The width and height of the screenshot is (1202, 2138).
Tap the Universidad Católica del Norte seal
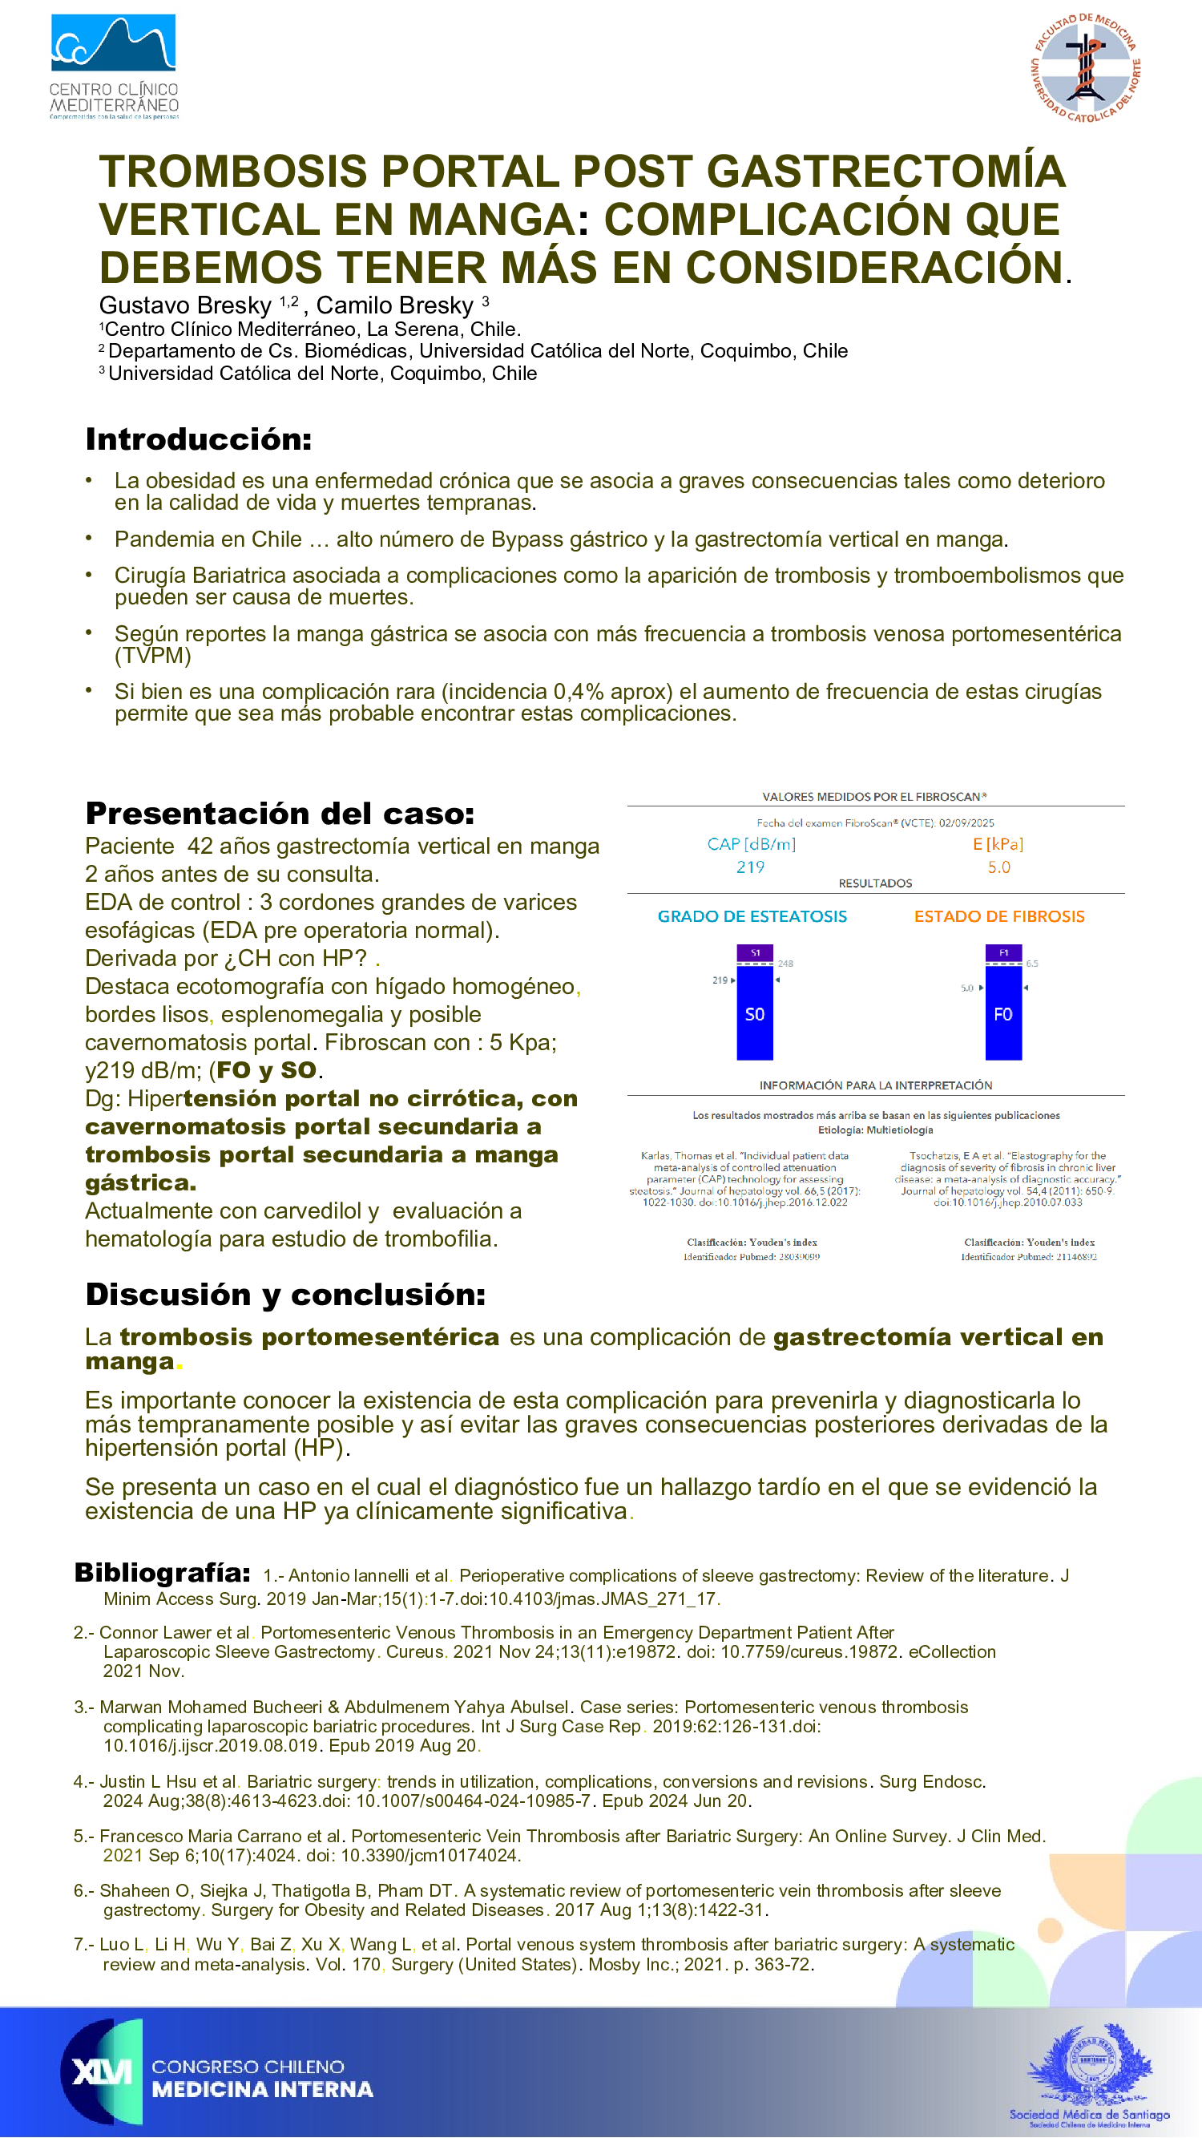[1085, 68]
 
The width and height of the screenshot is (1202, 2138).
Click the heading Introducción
[198, 439]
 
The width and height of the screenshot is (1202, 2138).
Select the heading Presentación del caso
[280, 814]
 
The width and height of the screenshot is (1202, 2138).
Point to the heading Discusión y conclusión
[285, 1294]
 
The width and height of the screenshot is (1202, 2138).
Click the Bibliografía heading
[163, 1572]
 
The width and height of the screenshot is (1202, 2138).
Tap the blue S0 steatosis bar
[754, 1013]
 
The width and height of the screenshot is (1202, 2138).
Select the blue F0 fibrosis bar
[1003, 1013]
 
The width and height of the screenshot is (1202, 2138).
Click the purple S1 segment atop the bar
[755, 953]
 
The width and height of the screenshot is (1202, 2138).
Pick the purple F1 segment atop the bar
[1003, 953]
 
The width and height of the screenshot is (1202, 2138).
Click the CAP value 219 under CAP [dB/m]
[750, 867]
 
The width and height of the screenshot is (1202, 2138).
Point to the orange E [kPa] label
[998, 844]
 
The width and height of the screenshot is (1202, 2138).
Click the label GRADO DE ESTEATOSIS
[752, 916]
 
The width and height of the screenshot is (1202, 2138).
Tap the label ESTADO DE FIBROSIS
[998, 916]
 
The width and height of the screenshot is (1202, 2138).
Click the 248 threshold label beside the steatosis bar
[785, 964]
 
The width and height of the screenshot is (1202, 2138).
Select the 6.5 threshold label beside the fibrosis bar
[1032, 964]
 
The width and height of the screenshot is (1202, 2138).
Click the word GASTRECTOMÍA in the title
[885, 172]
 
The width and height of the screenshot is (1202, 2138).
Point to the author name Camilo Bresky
[394, 305]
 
